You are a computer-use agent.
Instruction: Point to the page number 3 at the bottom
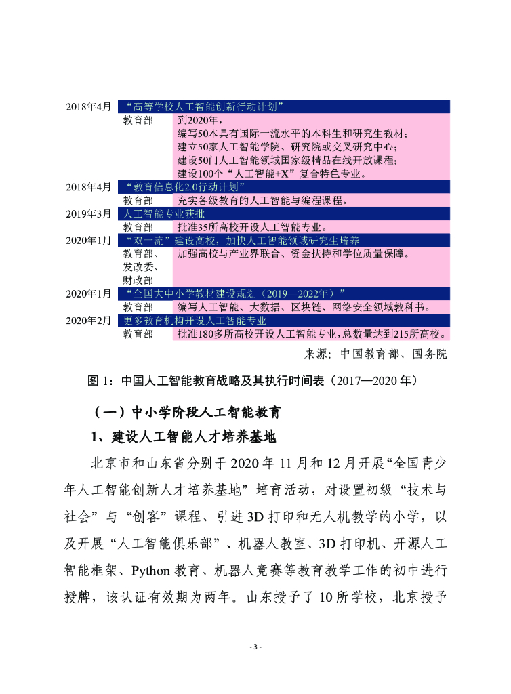[255, 647]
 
